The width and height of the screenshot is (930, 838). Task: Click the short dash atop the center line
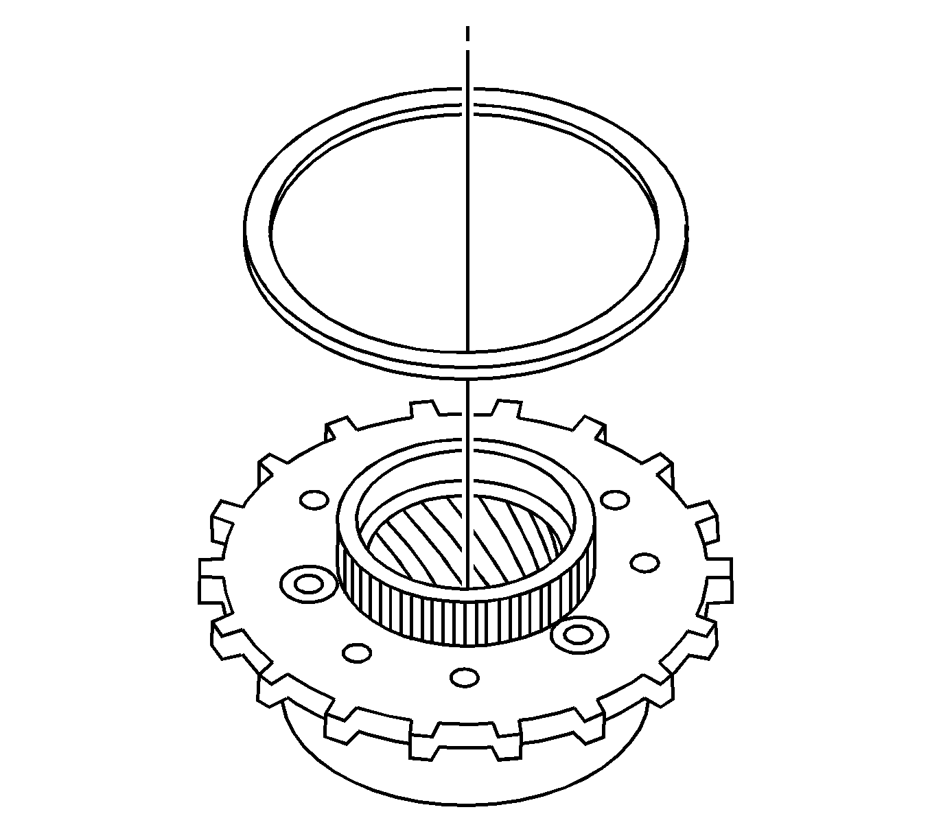pos(467,34)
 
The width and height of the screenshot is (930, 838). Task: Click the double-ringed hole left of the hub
pos(309,584)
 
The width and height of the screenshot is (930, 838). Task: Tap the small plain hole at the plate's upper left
pos(314,500)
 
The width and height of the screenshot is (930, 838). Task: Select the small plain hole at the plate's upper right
pos(614,499)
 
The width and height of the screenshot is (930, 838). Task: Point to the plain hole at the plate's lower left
pos(356,652)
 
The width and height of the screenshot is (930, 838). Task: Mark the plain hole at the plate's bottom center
pos(465,677)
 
